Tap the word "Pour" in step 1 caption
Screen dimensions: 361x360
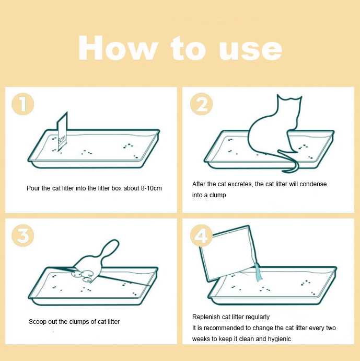(x=33, y=188)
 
